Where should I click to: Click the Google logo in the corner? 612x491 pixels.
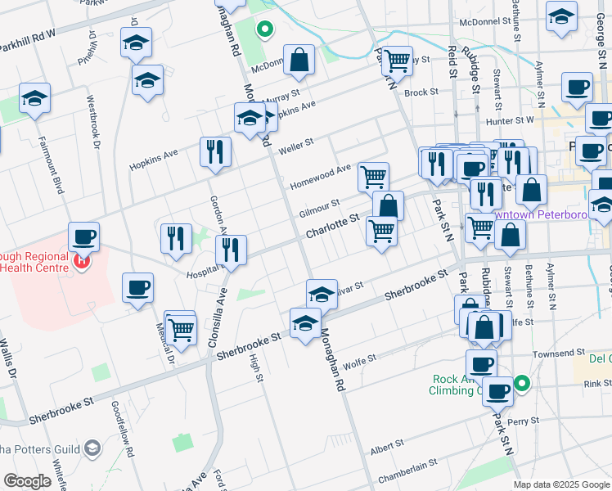click(27, 481)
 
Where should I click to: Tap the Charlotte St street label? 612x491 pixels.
click(332, 227)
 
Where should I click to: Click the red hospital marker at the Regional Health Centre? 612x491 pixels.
click(80, 263)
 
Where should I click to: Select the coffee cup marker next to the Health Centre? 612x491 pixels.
click(84, 238)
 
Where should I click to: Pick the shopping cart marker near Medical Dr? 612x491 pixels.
click(182, 330)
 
